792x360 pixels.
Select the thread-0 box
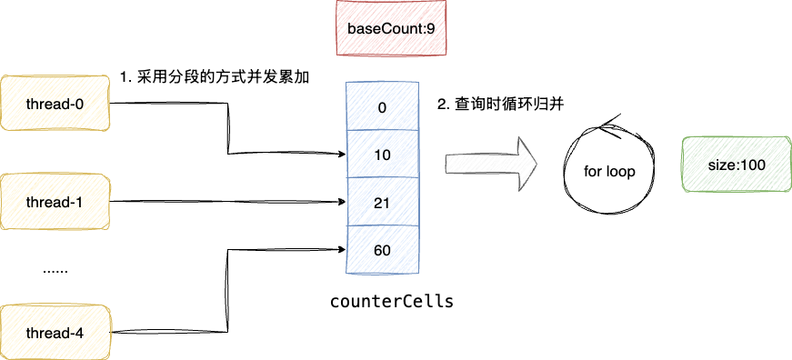[55, 104]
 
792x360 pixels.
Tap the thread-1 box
[55, 201]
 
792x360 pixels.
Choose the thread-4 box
[55, 333]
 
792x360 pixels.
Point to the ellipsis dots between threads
[55, 270]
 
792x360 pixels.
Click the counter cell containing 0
[382, 107]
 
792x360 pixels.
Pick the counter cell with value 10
[382, 155]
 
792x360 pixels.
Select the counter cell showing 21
[382, 201]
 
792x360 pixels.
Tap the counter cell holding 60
[382, 249]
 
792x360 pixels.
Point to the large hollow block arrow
[491, 165]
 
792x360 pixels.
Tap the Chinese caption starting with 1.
[215, 77]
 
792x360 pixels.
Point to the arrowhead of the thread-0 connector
[344, 154]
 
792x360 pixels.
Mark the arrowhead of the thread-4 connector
[344, 248]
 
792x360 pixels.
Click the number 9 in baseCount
[440, 29]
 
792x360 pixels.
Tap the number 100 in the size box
[754, 165]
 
